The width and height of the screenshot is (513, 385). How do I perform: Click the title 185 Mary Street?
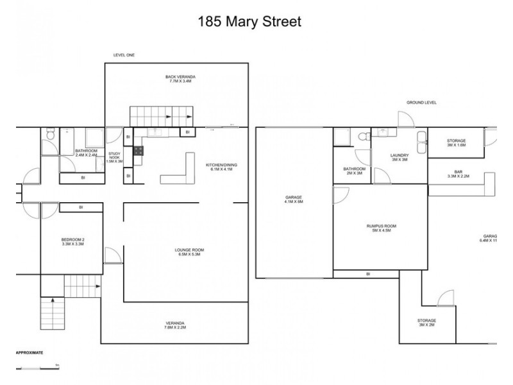[250, 21]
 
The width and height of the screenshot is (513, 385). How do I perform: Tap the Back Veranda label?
[179, 79]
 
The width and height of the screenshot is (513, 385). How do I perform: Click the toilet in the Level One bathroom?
[48, 135]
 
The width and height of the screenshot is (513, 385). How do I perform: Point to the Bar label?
[458, 173]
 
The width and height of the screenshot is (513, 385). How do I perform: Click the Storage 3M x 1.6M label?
[457, 143]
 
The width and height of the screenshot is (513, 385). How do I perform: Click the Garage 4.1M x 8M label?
[294, 200]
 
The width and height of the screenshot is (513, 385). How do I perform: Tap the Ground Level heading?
[421, 102]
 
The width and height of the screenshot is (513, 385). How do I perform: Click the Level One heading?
[124, 56]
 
